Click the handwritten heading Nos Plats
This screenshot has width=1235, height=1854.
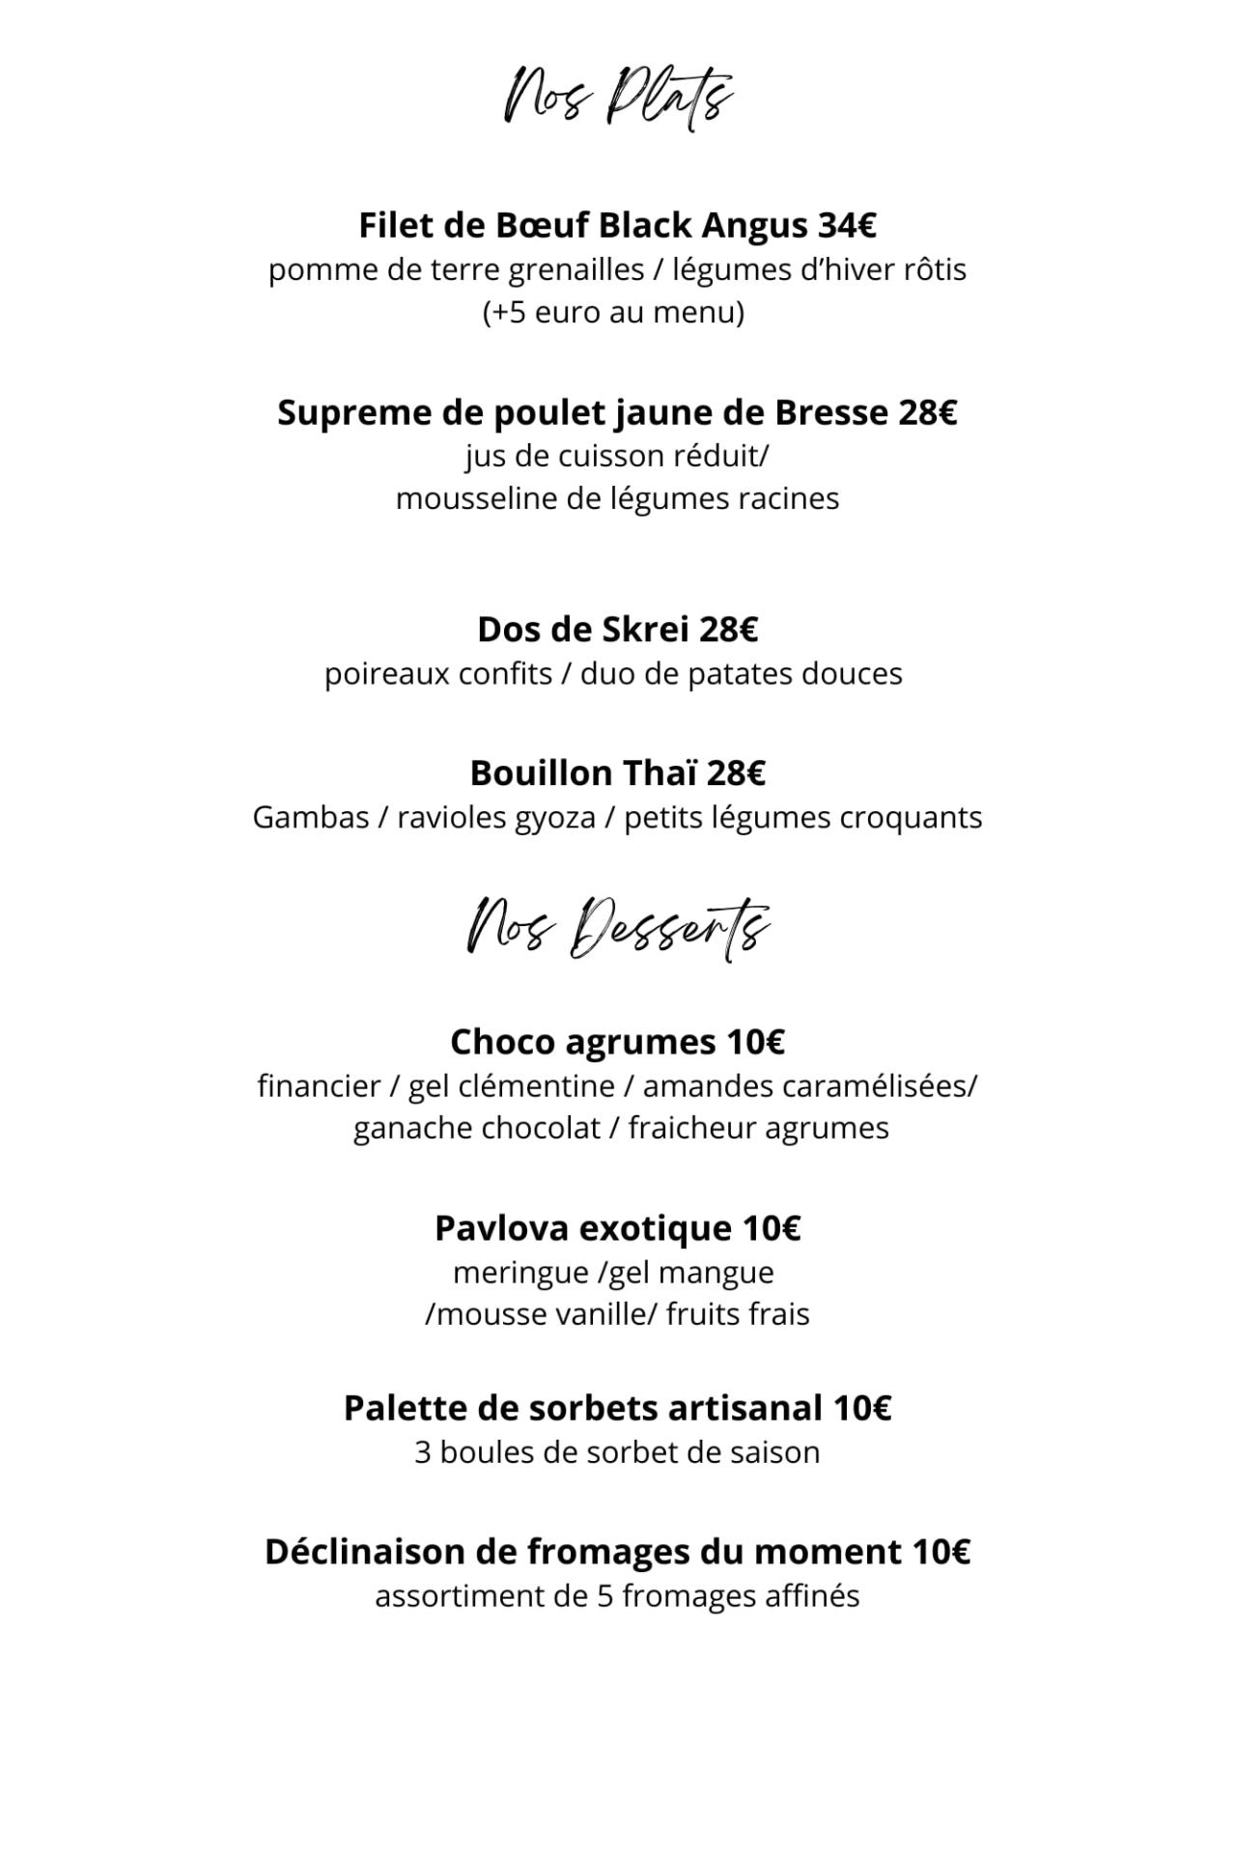pyautogui.click(x=618, y=97)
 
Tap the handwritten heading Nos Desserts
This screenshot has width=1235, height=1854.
pyautogui.click(x=618, y=929)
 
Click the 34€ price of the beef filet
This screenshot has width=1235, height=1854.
pyautogui.click(x=847, y=225)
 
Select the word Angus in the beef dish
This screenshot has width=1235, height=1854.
pyautogui.click(x=754, y=227)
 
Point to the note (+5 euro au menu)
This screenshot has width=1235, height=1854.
pyautogui.click(x=614, y=313)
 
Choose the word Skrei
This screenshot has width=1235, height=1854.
pyautogui.click(x=646, y=630)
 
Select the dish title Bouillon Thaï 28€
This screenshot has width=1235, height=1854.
pyautogui.click(x=618, y=773)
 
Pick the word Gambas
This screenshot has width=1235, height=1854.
pyautogui.click(x=311, y=818)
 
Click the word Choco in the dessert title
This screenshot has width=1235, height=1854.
pyautogui.click(x=503, y=1042)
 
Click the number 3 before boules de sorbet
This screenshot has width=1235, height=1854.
pyautogui.click(x=422, y=1452)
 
